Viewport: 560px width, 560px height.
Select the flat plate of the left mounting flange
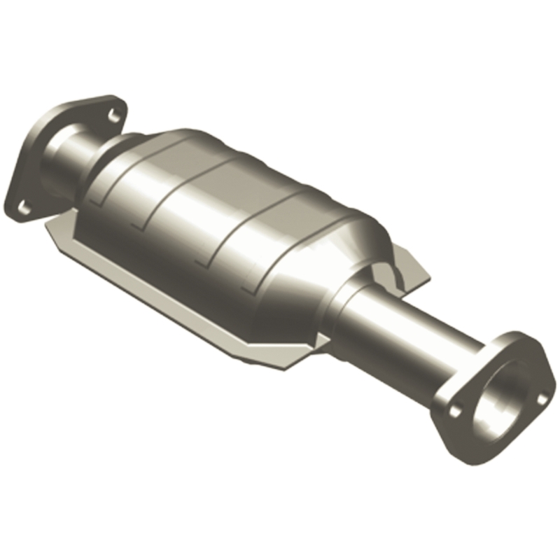[x=28, y=168]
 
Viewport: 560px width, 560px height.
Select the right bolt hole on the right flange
[x=542, y=400]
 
